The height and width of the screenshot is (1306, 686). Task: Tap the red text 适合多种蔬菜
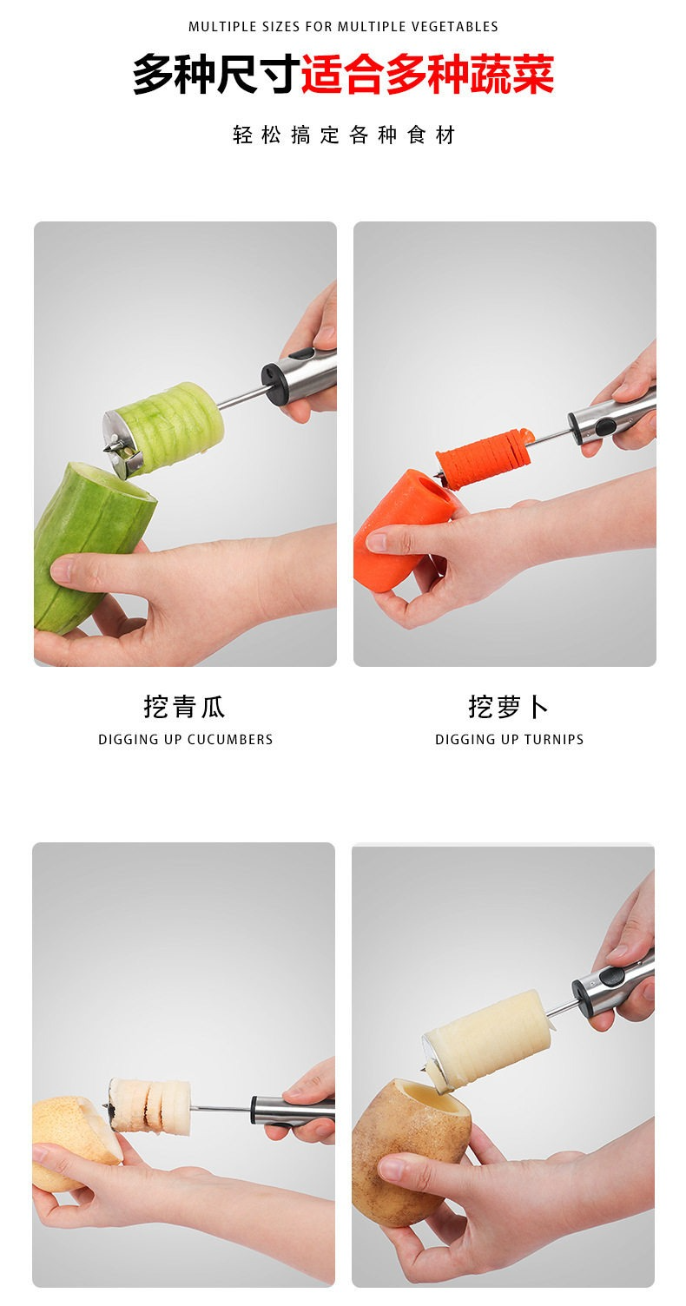click(427, 75)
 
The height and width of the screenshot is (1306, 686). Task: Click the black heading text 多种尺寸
click(216, 75)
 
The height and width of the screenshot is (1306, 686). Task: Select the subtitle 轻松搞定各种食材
click(344, 135)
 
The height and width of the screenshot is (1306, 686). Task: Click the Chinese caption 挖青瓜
click(184, 707)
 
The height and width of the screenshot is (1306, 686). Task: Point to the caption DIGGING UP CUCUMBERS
click(185, 739)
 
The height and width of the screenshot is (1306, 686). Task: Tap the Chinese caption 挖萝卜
click(508, 707)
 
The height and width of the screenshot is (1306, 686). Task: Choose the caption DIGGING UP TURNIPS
click(509, 739)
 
